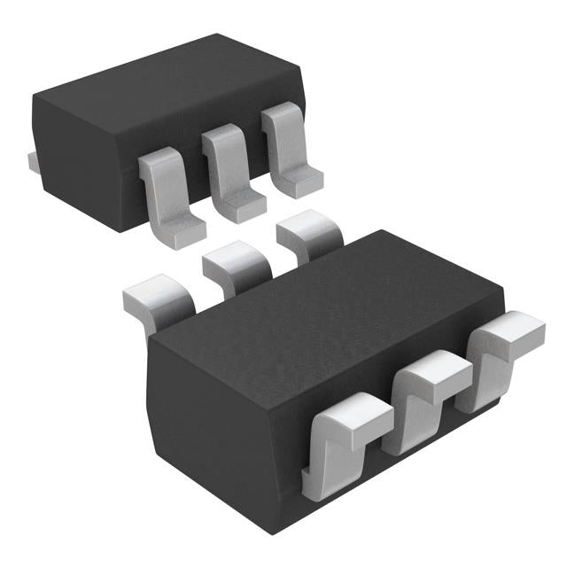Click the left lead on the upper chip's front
[168, 195]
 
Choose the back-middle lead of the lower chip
[235, 266]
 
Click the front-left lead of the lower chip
[341, 443]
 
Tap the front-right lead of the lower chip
[505, 350]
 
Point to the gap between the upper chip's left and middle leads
[198, 186]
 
